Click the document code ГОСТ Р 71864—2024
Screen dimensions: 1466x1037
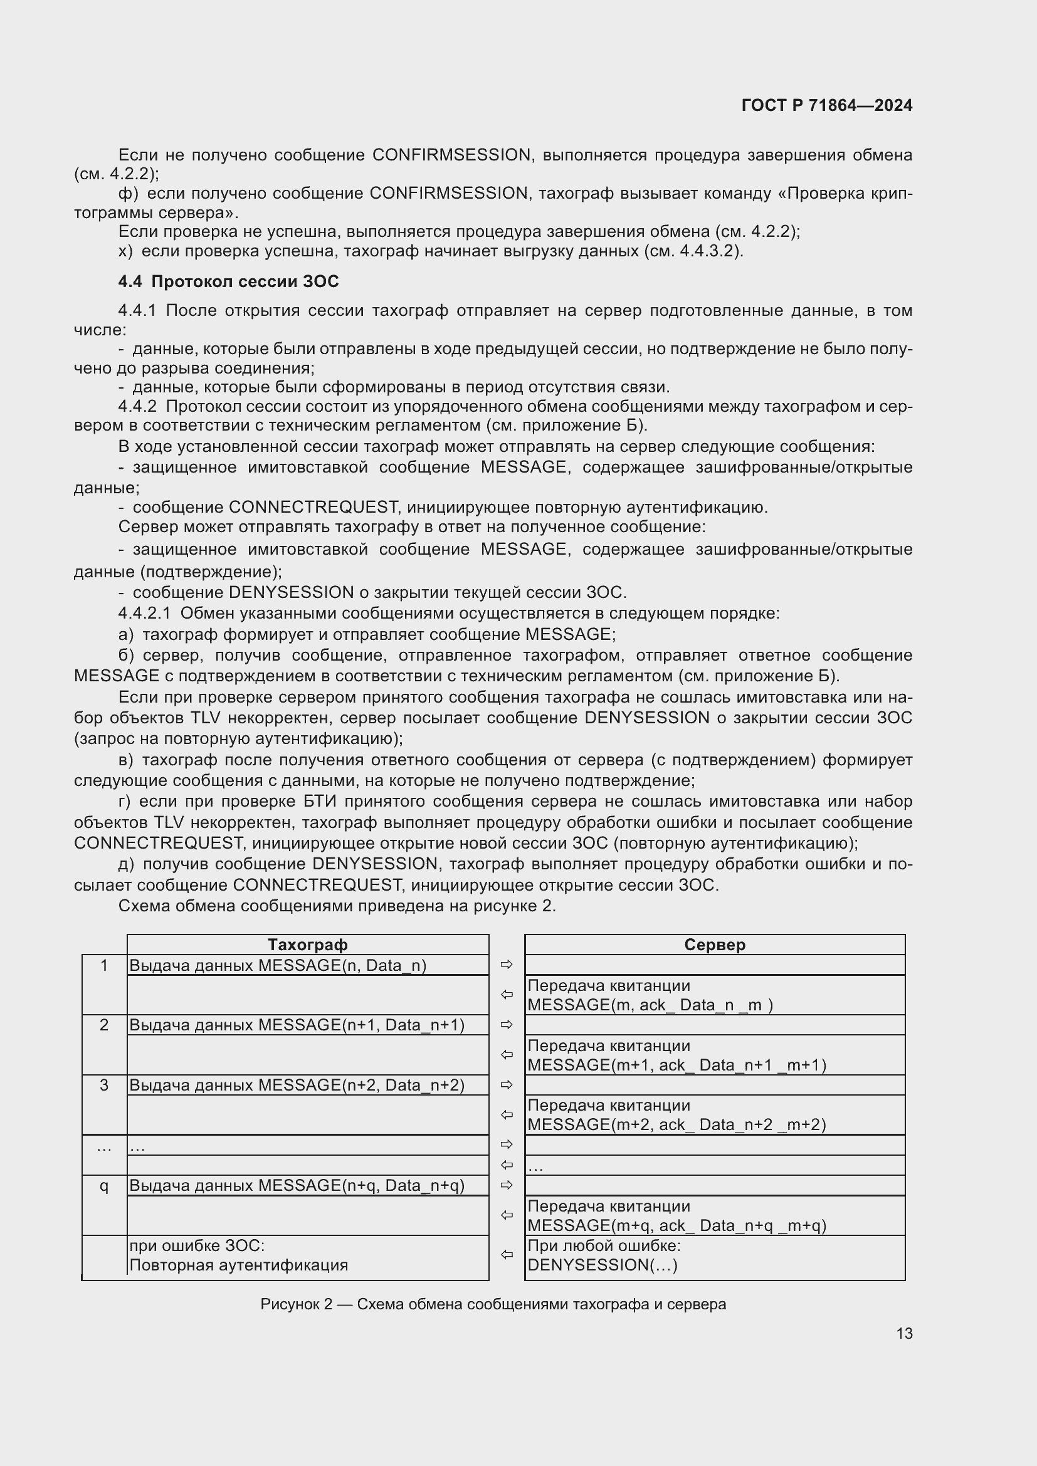pos(826,105)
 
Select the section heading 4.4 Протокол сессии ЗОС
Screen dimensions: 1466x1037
pos(228,281)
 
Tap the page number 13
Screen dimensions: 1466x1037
pos(903,1333)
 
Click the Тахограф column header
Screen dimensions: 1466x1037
pos(307,945)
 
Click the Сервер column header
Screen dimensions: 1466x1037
pos(714,945)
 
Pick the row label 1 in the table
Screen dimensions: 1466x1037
pos(104,965)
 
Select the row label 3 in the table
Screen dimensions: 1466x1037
pos(104,1085)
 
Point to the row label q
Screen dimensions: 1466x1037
pos(104,1186)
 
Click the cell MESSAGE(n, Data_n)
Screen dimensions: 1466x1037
pos(278,965)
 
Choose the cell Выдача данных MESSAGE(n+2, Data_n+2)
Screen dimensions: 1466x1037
pos(297,1085)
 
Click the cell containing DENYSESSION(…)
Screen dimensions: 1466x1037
pos(603,1265)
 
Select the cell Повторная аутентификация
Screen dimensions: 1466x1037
pos(239,1265)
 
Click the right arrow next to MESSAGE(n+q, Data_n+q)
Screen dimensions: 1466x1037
pos(507,1185)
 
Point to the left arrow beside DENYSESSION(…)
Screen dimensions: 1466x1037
pos(507,1255)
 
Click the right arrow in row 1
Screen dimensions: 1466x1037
pos(507,964)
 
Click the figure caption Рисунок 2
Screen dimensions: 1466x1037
pos(492,1304)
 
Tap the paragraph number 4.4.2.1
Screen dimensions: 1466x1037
pos(144,613)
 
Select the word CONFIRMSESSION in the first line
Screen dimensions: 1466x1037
pos(451,155)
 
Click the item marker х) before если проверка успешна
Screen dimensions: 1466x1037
pos(125,251)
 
